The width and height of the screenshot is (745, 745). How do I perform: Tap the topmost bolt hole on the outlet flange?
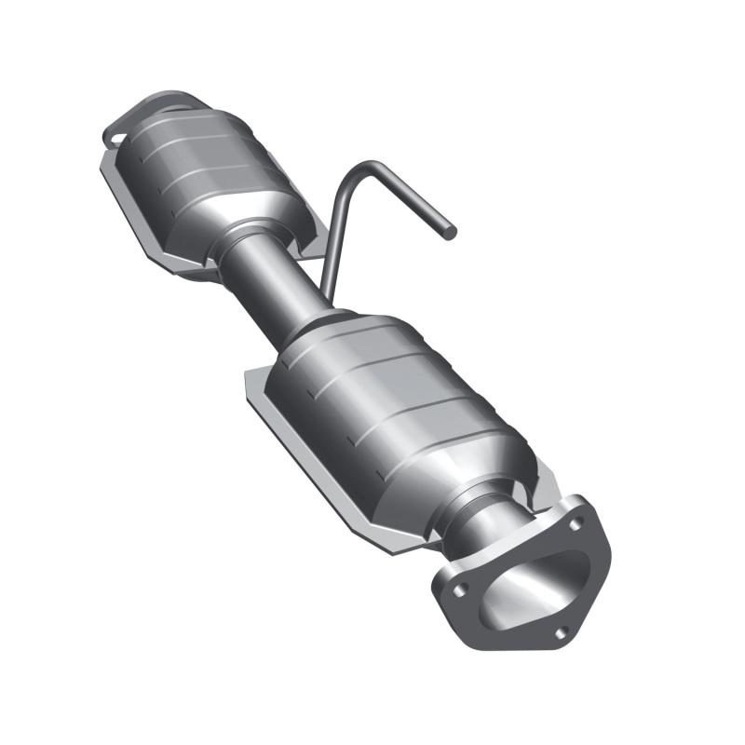(x=577, y=522)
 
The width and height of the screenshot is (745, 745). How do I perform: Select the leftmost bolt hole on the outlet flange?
(x=457, y=589)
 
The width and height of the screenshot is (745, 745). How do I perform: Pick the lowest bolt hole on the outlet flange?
(x=560, y=632)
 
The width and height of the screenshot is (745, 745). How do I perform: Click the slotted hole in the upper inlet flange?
(x=116, y=139)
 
